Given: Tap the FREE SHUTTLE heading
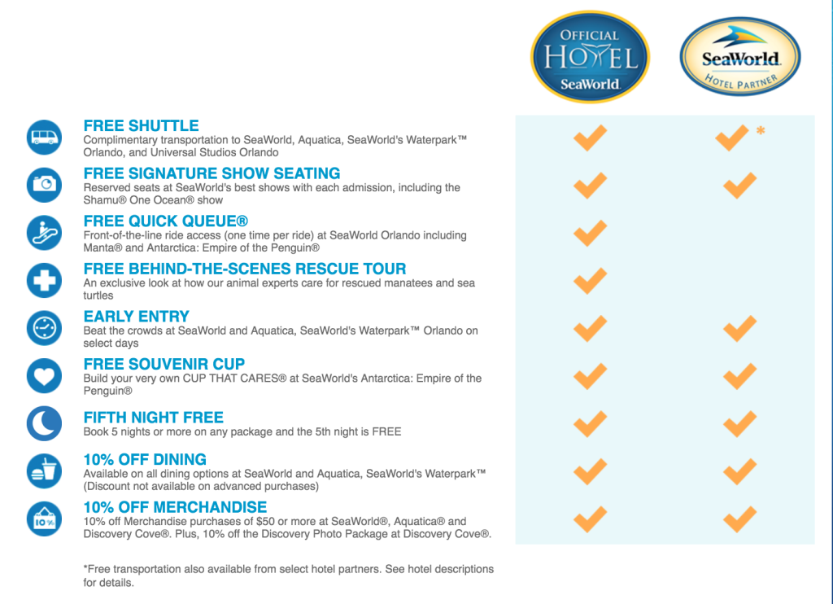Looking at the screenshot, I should point(141,125).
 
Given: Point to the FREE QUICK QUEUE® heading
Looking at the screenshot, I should point(166,221).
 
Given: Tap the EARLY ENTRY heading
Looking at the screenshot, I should point(136,317).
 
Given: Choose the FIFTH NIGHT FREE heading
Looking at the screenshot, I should point(154,418).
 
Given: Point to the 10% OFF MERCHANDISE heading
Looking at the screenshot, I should point(175,507).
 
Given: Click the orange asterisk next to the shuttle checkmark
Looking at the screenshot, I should point(761,130).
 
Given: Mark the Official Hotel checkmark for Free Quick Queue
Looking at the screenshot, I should point(590,234).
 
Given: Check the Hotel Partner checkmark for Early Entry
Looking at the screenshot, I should point(739,329).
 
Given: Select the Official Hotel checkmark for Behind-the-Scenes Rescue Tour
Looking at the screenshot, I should point(590,281).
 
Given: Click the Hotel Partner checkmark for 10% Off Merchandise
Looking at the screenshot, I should point(739,519).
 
